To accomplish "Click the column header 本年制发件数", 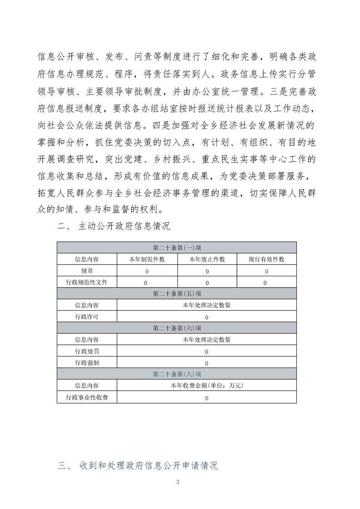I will point(147,259).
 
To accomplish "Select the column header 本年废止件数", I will point(207,259).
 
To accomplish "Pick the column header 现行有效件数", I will point(266,259).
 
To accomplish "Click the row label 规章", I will point(87,271).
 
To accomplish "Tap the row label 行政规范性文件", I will point(87,282).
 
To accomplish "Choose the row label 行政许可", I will point(87,317).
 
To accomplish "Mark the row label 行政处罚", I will point(87,351).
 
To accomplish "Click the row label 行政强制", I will point(87,363).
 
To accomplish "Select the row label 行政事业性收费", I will point(87,397).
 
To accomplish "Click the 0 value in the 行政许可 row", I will point(207,317).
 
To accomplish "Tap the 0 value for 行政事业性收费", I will point(207,398).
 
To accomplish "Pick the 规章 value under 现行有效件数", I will point(266,271).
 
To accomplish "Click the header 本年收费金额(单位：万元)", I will point(207,386).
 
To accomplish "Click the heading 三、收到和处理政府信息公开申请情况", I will point(138,465).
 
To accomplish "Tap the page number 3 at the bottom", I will point(178,482).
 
